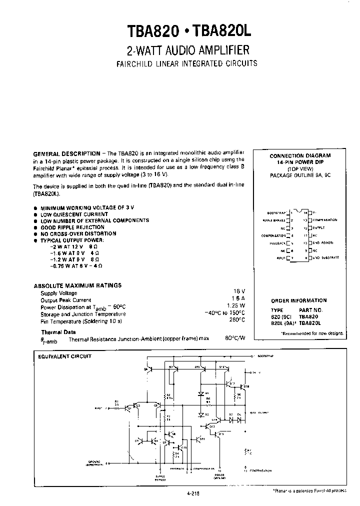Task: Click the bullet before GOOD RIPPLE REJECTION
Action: click(x=35, y=227)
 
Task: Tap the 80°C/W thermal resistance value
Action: click(x=235, y=338)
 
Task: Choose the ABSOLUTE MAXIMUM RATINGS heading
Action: click(x=77, y=285)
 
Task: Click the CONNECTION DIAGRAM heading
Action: click(x=300, y=155)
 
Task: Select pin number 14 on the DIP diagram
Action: click(x=305, y=212)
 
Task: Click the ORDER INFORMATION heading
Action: click(x=298, y=300)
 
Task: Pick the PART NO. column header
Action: click(x=311, y=310)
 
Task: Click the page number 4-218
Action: click(x=192, y=492)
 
